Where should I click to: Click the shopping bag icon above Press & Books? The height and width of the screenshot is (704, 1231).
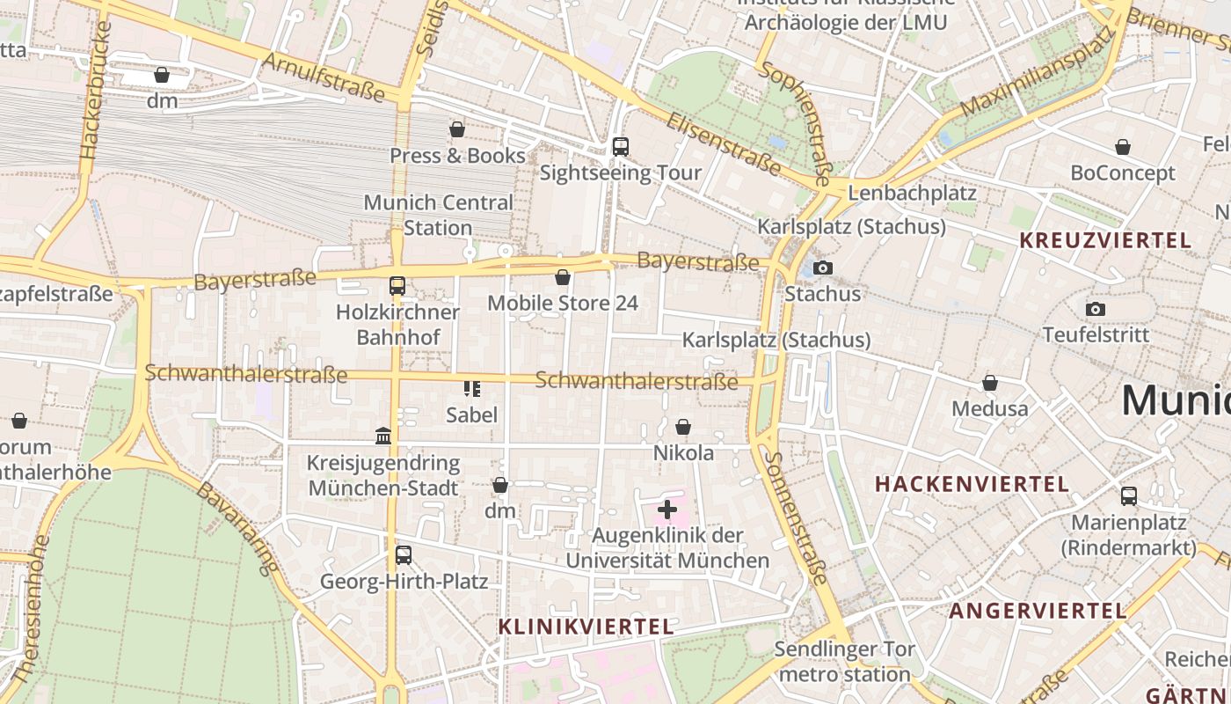457,130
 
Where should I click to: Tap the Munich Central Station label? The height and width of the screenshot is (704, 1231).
438,215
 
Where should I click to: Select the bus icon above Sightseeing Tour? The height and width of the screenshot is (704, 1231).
621,147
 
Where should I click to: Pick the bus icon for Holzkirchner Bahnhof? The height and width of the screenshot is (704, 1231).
397,285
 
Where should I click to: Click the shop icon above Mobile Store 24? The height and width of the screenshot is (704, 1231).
563,278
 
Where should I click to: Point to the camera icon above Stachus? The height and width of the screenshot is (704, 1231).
823,268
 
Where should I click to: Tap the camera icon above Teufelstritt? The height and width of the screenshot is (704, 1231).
1096,309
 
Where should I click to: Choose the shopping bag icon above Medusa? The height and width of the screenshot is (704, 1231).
990,383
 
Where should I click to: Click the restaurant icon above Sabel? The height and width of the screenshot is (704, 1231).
472,388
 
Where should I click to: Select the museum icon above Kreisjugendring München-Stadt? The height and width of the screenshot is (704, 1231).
383,436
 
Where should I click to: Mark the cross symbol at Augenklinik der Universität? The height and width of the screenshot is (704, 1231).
667,509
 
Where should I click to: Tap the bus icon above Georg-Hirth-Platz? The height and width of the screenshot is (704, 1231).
404,555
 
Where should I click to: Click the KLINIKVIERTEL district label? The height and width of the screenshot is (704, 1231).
586,627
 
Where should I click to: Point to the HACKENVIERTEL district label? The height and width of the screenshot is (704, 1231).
972,484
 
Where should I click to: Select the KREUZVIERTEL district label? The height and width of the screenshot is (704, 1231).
1105,240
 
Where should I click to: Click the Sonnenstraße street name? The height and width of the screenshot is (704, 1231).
795,519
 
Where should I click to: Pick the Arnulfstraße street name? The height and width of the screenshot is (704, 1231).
323,77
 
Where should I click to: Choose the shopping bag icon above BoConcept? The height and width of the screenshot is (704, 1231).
1123,147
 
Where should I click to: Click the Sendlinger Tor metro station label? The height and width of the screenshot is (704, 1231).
844,662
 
